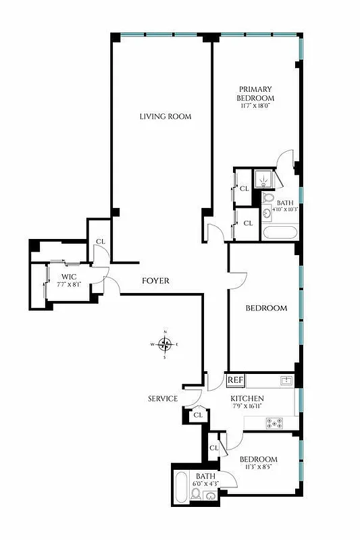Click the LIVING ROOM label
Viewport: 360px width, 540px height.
(x=165, y=116)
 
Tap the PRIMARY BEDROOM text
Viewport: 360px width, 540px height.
(x=255, y=93)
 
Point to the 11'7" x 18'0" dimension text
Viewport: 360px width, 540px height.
(x=255, y=106)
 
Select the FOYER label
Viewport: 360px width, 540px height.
(x=155, y=281)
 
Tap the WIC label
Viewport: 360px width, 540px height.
(x=68, y=277)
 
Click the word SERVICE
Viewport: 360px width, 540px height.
(x=163, y=399)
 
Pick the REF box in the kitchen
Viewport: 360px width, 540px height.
(x=234, y=380)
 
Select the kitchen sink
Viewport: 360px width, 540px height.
(x=286, y=381)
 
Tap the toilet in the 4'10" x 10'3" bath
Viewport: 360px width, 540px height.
(x=267, y=198)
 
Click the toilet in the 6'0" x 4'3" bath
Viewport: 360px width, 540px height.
(x=196, y=495)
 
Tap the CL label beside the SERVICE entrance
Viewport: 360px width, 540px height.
(x=198, y=415)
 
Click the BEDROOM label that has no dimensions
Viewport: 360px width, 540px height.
(x=265, y=308)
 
